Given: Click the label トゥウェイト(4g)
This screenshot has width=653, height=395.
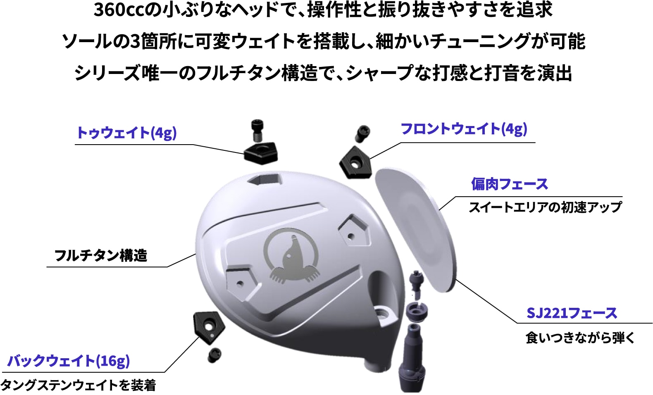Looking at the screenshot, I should coord(126,133).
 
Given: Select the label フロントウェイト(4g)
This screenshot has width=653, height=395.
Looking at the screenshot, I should coord(464,129).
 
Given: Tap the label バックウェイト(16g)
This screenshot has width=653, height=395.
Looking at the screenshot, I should coord(69,361).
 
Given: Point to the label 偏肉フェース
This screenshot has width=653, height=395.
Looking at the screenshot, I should coord(509,184).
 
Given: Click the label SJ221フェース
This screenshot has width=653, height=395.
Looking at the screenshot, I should coord(572,313).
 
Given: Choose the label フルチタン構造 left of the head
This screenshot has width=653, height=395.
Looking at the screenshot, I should coord(101,255).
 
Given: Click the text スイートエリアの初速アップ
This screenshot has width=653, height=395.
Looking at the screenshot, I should coord(545,207).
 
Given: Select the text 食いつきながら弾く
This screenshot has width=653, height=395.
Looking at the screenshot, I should coord(580,338).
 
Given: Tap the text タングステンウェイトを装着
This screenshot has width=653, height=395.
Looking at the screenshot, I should coord(79,385).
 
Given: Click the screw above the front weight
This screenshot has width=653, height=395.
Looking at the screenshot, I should coord(362,134).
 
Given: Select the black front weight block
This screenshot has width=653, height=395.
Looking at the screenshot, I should coord(356,162).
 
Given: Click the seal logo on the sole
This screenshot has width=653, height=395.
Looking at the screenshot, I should coord(291,256).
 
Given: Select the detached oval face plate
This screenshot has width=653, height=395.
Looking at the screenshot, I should coord(415,227).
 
